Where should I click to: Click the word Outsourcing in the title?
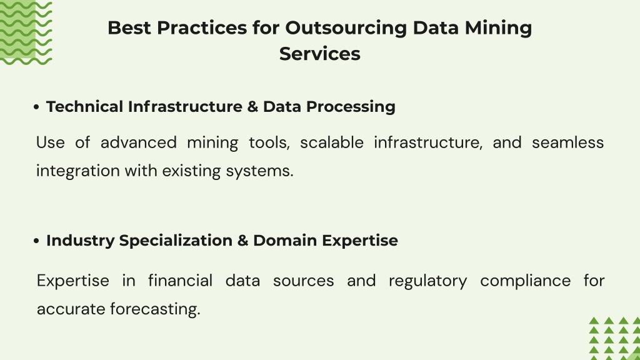pos(346,28)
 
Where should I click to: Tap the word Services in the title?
pos(320,54)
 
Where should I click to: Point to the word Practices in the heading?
pos(202,27)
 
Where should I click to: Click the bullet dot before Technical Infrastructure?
pos(36,107)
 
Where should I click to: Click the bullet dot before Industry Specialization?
pos(36,241)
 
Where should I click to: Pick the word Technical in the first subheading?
pos(84,106)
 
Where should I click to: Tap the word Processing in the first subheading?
pos(351,107)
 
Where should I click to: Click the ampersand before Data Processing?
pos(252,107)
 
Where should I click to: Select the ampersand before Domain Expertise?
pos(242,241)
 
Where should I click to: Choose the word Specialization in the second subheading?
pos(176,241)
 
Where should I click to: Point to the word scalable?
pos(332,142)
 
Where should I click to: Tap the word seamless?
pos(567,142)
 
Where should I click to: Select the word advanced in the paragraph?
pos(138,142)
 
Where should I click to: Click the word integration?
pos(78,171)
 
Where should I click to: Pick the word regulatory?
pos(427,281)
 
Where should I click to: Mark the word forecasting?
pos(155,309)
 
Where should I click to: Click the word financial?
pos(180,281)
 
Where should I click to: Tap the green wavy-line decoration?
pos(26,32)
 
